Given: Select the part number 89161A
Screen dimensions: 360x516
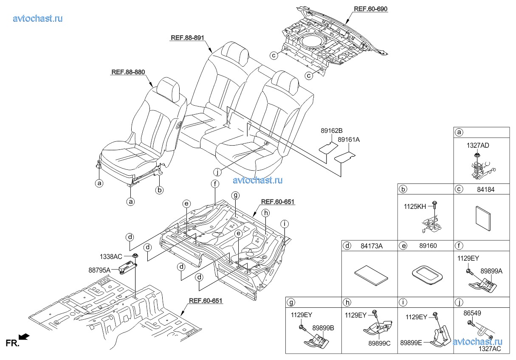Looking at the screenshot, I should (349, 139).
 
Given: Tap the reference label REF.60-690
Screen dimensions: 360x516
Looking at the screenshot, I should (370, 9).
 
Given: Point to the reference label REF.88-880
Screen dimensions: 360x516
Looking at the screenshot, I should (128, 72).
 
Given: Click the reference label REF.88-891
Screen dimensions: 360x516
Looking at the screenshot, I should (187, 38).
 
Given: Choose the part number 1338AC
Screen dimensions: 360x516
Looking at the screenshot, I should (111, 257).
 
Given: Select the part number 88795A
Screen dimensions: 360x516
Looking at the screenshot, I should (111, 270).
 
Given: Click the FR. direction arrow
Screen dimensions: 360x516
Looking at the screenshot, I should (24, 337).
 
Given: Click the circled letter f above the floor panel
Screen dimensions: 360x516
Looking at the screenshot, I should (215, 184).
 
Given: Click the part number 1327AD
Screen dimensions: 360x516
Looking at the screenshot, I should (478, 145).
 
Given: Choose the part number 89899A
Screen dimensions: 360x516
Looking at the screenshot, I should (491, 271).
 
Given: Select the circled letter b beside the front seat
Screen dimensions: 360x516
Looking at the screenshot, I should (159, 190).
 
